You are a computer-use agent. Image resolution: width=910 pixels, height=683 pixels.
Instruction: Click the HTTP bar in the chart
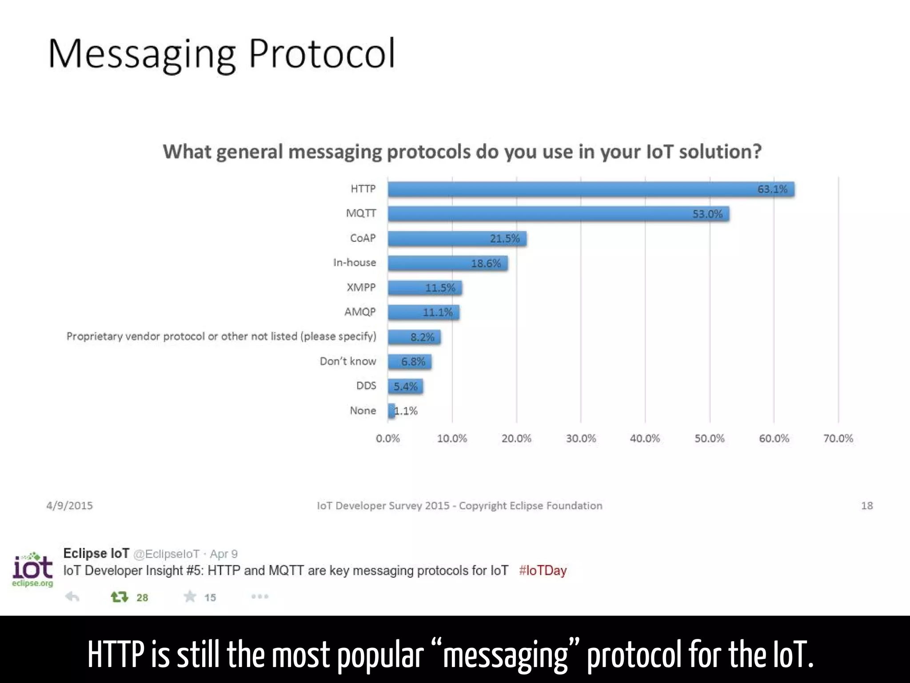[x=591, y=189]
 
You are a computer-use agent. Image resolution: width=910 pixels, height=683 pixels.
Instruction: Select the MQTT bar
[x=558, y=214]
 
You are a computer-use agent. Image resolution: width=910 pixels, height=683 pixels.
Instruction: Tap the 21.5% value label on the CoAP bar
[x=505, y=239]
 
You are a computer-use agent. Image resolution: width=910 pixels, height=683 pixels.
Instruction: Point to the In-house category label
[x=355, y=263]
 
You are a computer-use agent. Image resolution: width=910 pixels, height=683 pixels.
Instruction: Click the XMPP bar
[x=425, y=288]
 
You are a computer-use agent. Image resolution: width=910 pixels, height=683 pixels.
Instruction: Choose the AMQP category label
[x=360, y=312]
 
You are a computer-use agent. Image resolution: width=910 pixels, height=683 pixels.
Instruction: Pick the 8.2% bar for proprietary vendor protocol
[x=414, y=337]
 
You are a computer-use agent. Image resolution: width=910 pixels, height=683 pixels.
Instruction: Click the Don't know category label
[x=348, y=361]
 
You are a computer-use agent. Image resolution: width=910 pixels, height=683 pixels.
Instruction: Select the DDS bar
[x=405, y=386]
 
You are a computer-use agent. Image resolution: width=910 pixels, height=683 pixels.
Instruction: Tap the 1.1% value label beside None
[x=406, y=411]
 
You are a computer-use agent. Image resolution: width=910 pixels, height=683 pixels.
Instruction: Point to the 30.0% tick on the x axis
[x=581, y=438]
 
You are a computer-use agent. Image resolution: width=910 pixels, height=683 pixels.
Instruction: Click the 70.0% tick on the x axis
[x=838, y=438]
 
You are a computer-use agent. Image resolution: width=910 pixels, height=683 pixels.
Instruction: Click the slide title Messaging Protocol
[x=221, y=53]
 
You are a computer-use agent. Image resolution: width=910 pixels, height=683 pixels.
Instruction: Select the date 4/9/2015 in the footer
[x=70, y=506]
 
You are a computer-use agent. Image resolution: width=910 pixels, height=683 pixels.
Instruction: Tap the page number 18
[x=867, y=506]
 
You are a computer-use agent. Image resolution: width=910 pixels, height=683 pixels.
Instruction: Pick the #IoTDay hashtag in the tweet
[x=543, y=571]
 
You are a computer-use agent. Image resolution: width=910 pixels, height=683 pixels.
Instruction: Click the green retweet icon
[x=119, y=597]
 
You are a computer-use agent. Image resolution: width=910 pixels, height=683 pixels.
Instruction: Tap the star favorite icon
[x=190, y=596]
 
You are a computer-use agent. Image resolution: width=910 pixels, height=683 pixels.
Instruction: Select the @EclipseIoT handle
[x=166, y=554]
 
